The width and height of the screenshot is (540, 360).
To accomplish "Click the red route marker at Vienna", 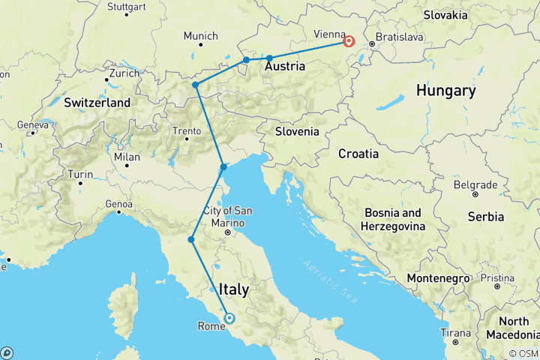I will pos(349,41).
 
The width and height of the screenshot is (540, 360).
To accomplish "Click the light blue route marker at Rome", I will pos(229,318).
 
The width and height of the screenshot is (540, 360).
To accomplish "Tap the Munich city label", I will pos(200,36).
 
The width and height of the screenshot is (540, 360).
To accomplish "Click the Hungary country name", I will pos(445,91).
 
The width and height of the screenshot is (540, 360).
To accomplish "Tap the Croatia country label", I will pos(358,154).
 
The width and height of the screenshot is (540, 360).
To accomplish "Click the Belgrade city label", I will pos(474,184).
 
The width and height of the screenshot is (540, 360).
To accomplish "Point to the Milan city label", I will pos(127,157).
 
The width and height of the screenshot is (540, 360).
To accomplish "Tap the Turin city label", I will pos(81,175).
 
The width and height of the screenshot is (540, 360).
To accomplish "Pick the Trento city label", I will pos(187,130).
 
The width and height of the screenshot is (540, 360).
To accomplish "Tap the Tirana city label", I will pos(455,332).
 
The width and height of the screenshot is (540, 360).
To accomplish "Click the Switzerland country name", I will pos(97,102).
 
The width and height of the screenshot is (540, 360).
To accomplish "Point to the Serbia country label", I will pos(486,217).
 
